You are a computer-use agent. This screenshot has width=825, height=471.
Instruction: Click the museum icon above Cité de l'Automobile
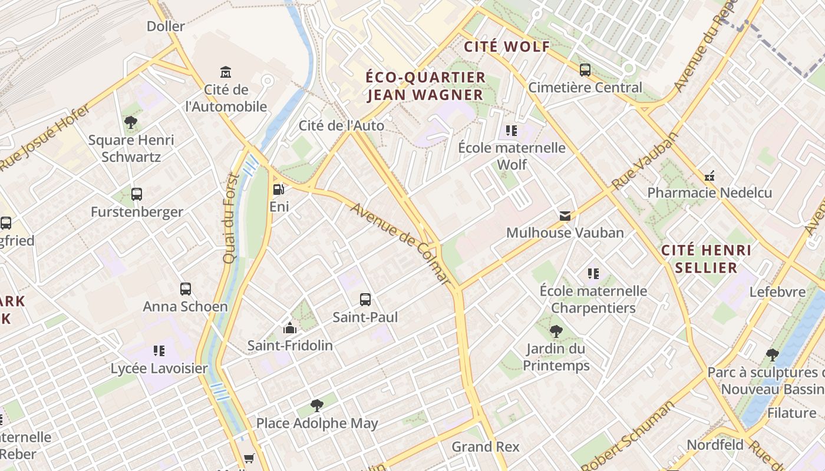pos(226,72)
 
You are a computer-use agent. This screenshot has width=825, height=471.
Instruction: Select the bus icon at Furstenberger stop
pos(137,194)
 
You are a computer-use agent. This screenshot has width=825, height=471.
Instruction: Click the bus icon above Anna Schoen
pos(186,288)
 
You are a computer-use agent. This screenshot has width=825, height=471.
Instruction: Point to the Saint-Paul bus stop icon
pos(365,299)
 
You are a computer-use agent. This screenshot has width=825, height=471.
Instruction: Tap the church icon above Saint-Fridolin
pos(289,328)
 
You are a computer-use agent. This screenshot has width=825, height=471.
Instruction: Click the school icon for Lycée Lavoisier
pos(159,351)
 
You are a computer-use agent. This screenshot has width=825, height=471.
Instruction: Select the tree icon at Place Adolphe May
pos(317,405)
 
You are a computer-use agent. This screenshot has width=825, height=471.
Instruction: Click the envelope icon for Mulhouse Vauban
pos(565,215)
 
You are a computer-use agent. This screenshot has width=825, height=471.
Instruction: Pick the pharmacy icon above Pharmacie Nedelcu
pos(709,175)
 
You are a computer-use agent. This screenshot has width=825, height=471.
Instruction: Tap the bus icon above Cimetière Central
pos(585,70)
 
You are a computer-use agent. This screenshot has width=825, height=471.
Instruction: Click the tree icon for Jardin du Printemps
pos(556,331)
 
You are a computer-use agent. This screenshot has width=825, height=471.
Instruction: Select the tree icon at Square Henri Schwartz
pos(131,122)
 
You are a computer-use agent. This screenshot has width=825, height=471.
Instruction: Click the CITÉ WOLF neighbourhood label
pos(507,47)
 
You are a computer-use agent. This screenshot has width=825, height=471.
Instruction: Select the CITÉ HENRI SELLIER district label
pos(706,259)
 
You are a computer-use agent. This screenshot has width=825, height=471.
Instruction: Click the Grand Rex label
pos(486,447)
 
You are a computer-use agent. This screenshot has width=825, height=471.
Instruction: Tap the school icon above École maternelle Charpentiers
pos(593,273)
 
